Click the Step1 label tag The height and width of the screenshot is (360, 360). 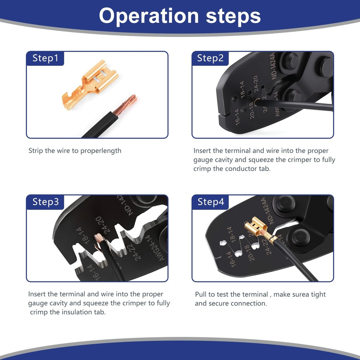[x=45, y=58]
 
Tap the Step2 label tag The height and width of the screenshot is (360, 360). [x=210, y=58]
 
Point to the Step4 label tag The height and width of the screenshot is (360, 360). [x=210, y=202]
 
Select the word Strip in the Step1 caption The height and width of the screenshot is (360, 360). [x=36, y=151]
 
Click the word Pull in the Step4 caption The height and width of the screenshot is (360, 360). [x=201, y=294]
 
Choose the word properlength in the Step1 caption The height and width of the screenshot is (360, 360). [x=101, y=151]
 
